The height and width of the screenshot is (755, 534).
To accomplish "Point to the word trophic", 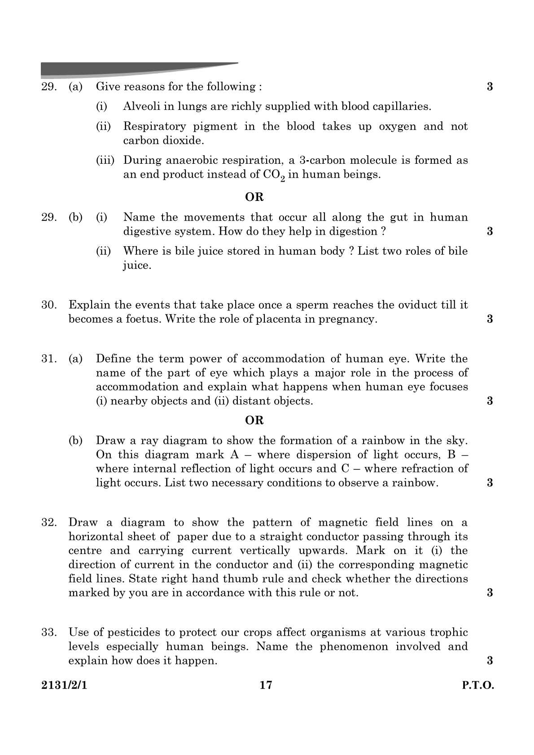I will [x=449, y=633].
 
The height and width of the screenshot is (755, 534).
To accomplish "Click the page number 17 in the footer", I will [x=266, y=685].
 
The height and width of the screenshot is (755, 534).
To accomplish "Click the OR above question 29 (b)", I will [x=254, y=197].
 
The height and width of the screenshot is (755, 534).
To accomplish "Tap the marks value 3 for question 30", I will [x=490, y=319].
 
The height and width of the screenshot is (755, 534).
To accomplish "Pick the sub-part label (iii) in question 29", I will [x=105, y=160].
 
